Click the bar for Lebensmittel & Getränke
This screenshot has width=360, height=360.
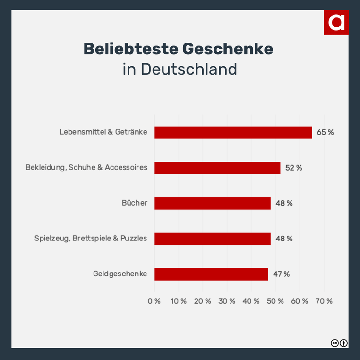233,132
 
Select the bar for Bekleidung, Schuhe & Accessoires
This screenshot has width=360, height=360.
217,168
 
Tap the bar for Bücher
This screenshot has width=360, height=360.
213,203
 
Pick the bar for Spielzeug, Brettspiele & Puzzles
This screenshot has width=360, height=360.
213,239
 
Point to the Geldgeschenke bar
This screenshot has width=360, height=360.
211,274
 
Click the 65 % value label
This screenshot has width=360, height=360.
325,132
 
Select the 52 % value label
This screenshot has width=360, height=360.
293,168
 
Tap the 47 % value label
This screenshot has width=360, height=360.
281,274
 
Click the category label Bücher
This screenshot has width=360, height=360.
135,203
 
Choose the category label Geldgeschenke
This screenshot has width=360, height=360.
120,274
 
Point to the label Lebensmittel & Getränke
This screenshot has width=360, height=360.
103,132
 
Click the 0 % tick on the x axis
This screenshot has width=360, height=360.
154,301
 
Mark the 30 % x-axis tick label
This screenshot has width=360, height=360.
227,301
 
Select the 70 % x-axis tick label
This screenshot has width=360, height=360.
324,301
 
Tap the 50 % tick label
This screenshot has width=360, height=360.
275,301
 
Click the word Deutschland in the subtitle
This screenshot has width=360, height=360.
189,69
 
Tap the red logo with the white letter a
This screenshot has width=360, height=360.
336,22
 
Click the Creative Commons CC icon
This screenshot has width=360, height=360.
334,343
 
